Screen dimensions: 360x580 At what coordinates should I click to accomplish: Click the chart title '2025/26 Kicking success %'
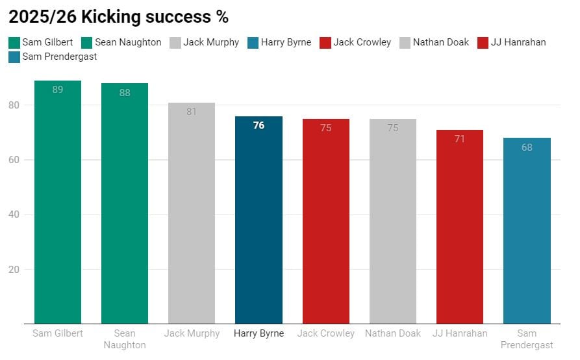[x=118, y=17]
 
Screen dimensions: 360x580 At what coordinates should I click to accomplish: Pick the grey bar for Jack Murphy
[x=192, y=214]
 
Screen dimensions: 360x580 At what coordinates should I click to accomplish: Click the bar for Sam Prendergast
[x=527, y=231]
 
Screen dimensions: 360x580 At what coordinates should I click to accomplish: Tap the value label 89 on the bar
[x=58, y=90]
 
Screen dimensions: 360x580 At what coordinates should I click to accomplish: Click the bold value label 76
[x=258, y=125]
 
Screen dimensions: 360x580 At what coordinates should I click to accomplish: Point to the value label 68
[x=527, y=148]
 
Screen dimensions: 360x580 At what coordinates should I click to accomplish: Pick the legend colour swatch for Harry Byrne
[x=253, y=43]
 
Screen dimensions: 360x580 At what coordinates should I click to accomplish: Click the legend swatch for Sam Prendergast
[x=14, y=57]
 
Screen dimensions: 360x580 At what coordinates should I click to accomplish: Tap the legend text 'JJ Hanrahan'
[x=518, y=43]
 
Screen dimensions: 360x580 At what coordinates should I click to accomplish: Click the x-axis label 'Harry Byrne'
[x=258, y=334]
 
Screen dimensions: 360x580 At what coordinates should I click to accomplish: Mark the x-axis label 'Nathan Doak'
[x=392, y=334]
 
